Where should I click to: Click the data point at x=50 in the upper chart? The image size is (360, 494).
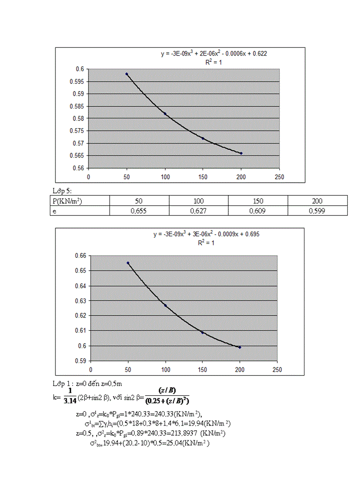pyautogui.click(x=127, y=74)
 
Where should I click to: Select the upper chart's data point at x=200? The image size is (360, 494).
pyautogui.click(x=241, y=153)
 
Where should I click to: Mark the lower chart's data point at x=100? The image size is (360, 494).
pyautogui.click(x=166, y=306)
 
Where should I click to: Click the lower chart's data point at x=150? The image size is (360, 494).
pyautogui.click(x=203, y=332)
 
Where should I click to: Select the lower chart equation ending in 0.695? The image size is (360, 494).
pyautogui.click(x=206, y=234)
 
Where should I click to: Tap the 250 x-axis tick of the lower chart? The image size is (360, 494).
pyautogui.click(x=277, y=369)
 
